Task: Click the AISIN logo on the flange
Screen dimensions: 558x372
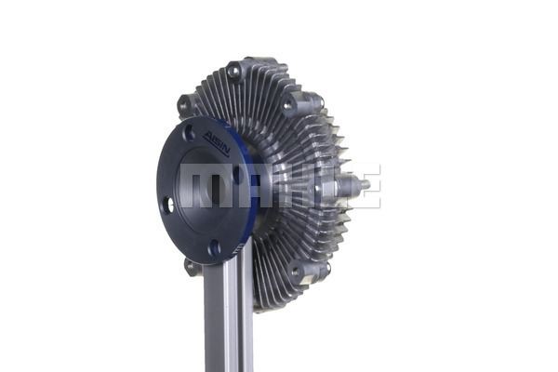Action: (x=216, y=143)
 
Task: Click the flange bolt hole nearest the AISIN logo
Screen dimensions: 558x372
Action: (x=190, y=133)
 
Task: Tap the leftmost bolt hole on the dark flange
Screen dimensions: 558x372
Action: (x=168, y=205)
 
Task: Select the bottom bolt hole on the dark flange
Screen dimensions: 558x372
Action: (x=215, y=248)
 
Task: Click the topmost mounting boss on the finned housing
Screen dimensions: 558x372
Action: (x=234, y=72)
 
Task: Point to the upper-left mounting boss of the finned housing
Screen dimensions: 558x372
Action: (x=185, y=105)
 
